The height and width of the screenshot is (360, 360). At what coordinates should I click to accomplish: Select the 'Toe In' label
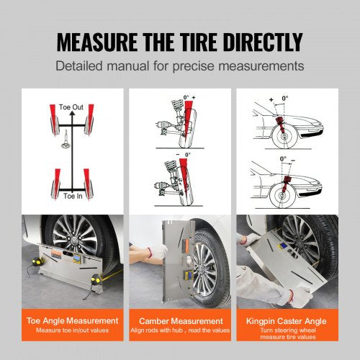(x=73, y=196)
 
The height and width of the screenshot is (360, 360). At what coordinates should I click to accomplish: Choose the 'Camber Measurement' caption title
(x=180, y=320)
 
